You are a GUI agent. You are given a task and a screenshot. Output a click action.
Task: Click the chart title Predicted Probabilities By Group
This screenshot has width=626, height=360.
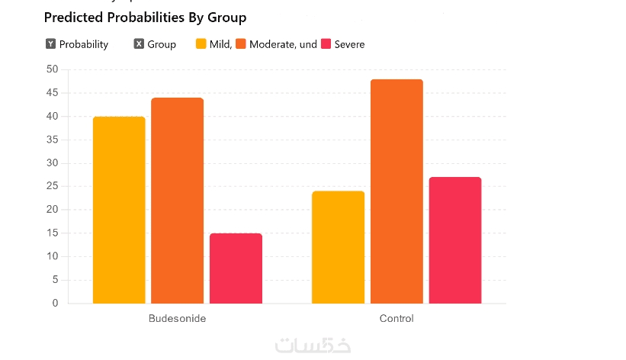coord(145,17)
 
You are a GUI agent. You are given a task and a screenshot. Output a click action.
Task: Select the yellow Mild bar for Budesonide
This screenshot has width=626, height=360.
coord(119,210)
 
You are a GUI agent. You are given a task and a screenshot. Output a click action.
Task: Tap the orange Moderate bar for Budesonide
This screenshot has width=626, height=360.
coord(177,201)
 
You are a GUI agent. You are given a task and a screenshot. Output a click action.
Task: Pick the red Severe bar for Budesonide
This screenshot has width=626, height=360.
coord(236,268)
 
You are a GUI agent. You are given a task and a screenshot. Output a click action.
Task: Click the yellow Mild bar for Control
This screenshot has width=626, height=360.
coord(338,247)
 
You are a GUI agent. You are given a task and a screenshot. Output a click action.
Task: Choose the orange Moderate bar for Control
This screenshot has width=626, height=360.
coord(396,191)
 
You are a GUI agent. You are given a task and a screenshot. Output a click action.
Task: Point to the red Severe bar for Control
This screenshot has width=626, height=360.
coord(455,240)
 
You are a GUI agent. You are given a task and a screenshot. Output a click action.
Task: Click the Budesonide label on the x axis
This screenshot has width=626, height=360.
coord(177,318)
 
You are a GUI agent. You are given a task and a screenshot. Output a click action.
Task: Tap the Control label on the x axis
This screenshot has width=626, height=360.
coord(396,318)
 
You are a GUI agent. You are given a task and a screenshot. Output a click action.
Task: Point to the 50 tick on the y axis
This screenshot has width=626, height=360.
coord(52,69)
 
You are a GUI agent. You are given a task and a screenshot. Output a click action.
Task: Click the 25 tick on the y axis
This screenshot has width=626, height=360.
coord(52,186)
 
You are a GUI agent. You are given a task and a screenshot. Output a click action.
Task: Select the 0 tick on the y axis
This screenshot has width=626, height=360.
coord(55,303)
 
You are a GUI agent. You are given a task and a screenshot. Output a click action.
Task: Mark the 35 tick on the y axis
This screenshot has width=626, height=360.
coord(52,140)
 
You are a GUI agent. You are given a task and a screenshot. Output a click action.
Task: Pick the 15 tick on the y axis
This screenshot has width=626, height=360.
coord(52,233)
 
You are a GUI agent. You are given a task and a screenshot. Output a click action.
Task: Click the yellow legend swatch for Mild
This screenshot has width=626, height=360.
coord(201,44)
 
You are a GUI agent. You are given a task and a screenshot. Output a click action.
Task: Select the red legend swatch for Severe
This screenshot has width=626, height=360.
coord(326,44)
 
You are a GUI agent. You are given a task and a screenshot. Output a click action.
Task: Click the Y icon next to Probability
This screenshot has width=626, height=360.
coord(50,44)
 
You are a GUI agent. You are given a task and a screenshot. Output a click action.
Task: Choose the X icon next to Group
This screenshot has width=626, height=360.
coord(139,44)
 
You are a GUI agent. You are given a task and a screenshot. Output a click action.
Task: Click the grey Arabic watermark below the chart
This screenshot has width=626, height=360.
coord(313,345)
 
